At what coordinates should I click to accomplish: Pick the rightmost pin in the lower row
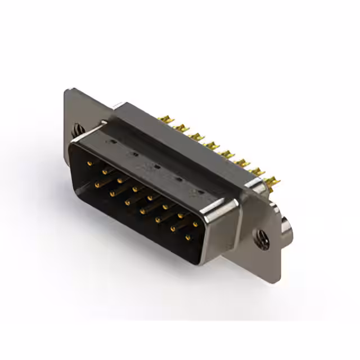(188, 237)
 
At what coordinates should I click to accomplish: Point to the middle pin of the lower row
(143, 211)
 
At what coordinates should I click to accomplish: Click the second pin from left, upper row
(105, 172)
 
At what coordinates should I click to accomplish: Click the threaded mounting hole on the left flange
(76, 130)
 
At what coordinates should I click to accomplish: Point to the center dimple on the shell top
(157, 166)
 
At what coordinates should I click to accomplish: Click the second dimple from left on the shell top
(135, 154)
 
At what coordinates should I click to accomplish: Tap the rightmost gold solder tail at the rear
(275, 181)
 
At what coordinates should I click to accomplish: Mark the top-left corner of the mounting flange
(66, 90)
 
